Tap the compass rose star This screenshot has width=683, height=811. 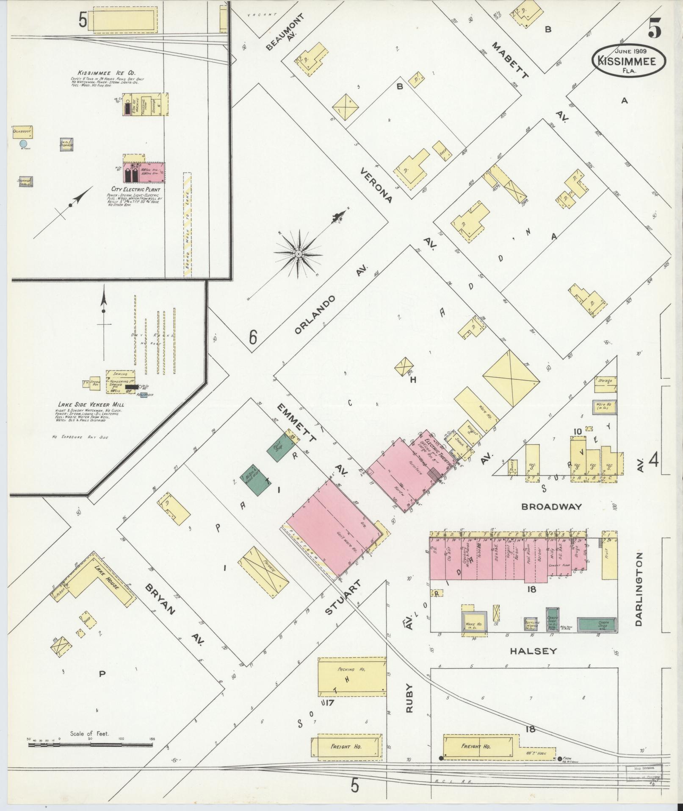point(299,254)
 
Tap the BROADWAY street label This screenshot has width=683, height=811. point(551,507)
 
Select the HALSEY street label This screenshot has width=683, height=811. point(533,651)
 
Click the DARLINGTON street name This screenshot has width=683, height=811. point(639,589)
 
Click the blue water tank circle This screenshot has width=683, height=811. point(24,144)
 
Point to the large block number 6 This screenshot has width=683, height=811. point(253,338)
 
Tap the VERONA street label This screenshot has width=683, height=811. point(376,185)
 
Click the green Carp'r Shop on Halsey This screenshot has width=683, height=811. point(596,624)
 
